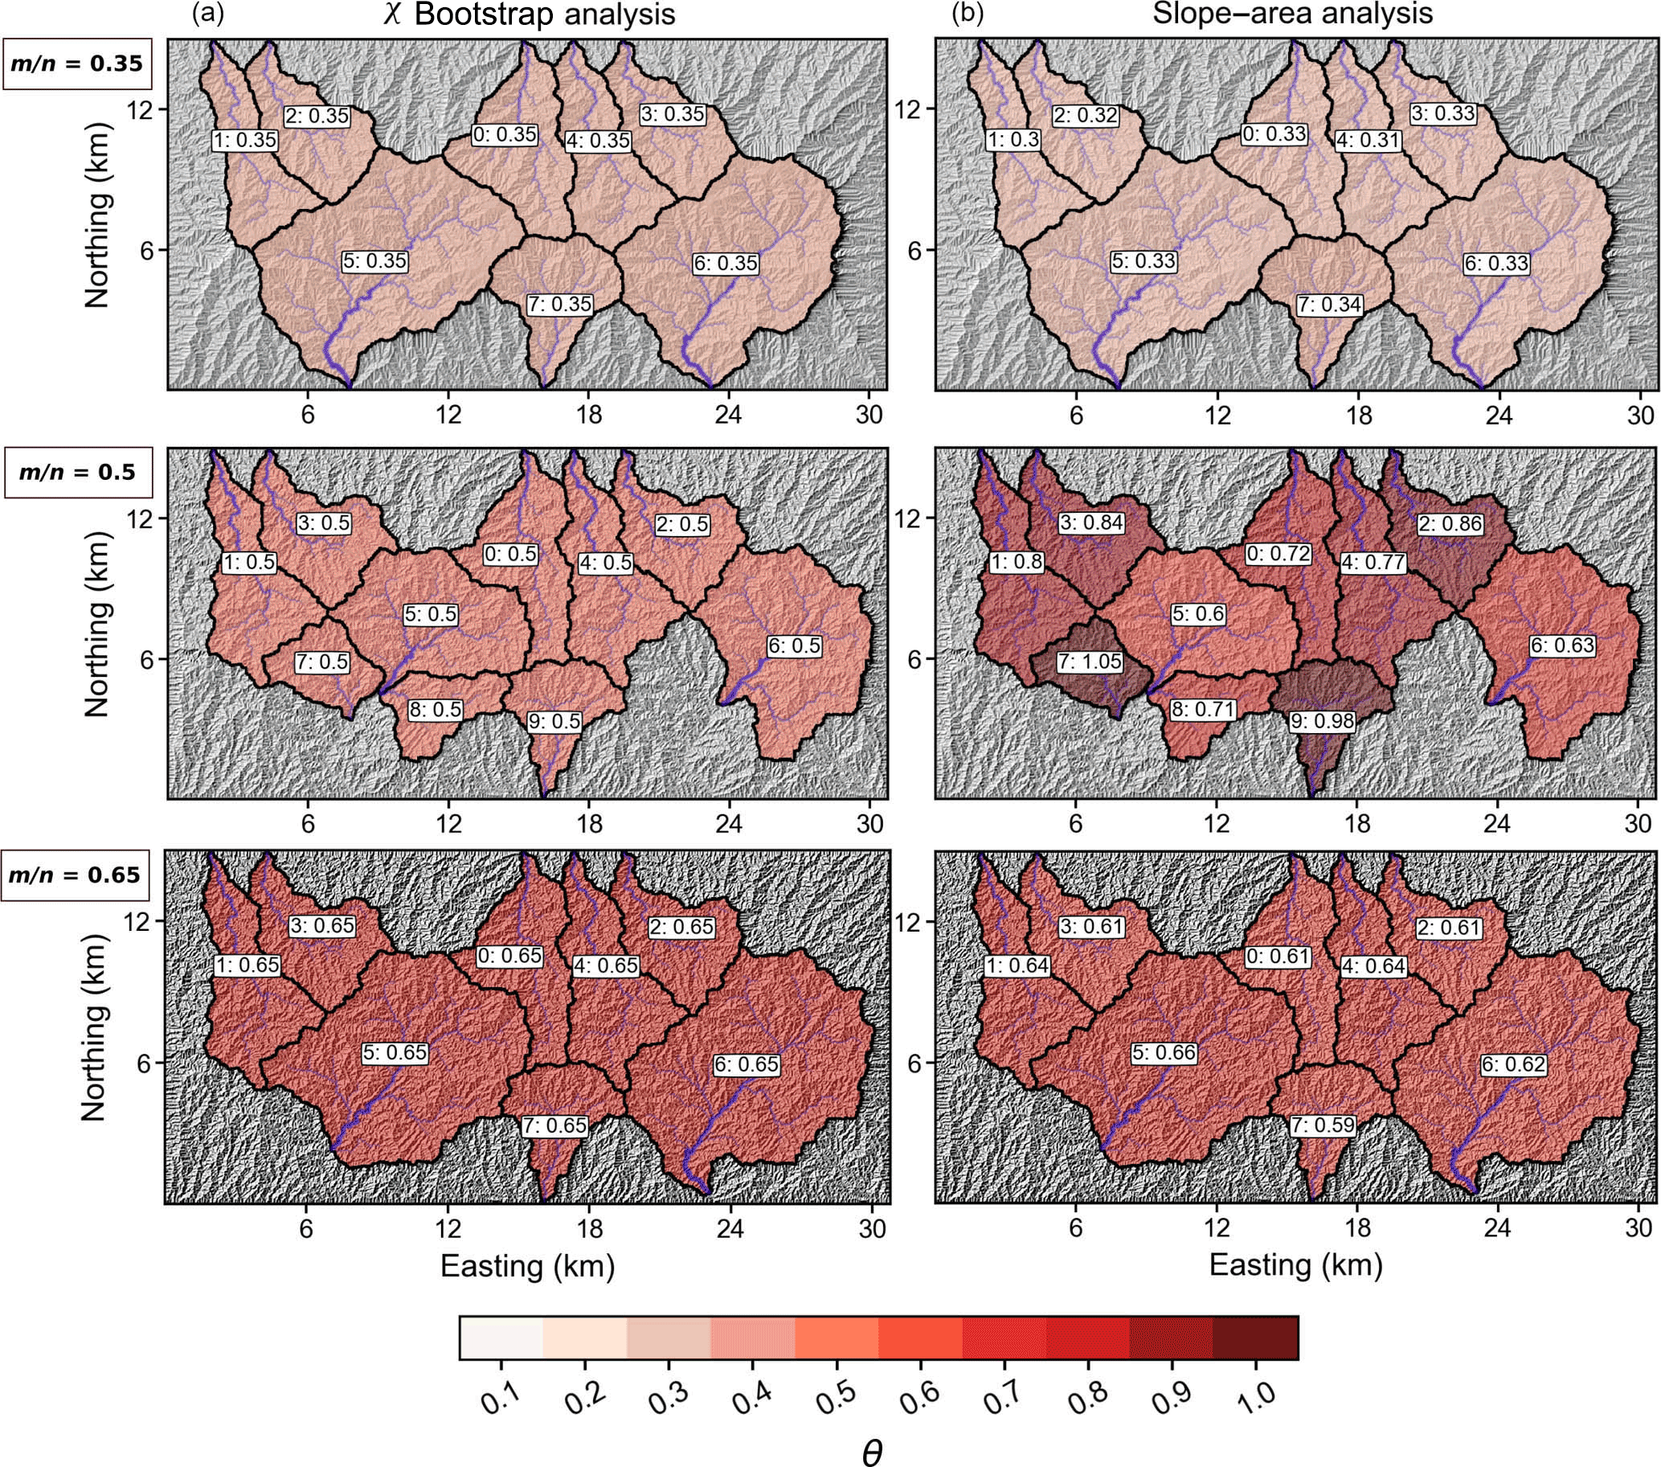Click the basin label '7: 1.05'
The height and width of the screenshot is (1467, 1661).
tap(1090, 662)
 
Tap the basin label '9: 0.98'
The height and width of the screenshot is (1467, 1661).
tap(1321, 721)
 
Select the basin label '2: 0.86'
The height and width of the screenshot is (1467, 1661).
tap(1450, 524)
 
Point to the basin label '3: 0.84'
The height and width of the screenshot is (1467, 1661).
tap(1091, 522)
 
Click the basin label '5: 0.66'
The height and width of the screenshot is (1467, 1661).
tap(1164, 1053)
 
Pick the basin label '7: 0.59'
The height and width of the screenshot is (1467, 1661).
tap(1322, 1125)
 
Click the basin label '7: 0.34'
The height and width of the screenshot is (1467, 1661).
tap(1329, 305)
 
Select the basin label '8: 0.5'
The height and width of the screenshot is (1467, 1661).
tap(435, 710)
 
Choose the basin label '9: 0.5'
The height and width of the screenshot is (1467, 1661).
tap(555, 721)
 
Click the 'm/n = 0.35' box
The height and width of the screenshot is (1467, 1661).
tap(77, 64)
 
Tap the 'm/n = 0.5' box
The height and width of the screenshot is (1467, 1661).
tap(77, 472)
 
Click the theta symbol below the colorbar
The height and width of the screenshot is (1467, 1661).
tap(871, 1452)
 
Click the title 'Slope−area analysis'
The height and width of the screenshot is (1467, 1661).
tap(1293, 14)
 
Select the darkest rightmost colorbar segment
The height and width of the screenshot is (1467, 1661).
tap(1254, 1337)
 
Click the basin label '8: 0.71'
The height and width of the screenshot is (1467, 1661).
tap(1203, 710)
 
